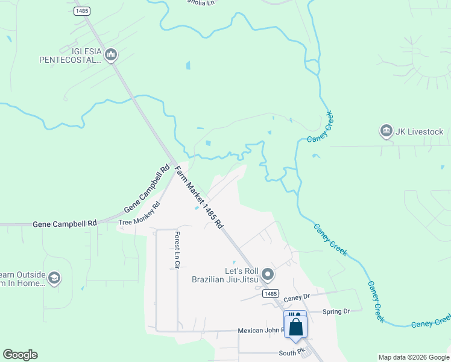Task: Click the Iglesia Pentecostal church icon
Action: coord(110,56)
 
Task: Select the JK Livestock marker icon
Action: coord(386,130)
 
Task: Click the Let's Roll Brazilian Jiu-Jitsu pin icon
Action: coord(268,275)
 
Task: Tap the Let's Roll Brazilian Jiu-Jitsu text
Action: coord(224,275)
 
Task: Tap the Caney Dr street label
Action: coord(296,297)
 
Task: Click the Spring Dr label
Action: coord(336,311)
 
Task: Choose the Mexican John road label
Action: coord(260,331)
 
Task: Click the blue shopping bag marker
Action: coord(295,326)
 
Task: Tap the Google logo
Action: coord(20,355)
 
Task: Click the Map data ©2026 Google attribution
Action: coord(413,357)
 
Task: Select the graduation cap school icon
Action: coord(54,278)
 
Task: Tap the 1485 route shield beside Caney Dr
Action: coord(270,293)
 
